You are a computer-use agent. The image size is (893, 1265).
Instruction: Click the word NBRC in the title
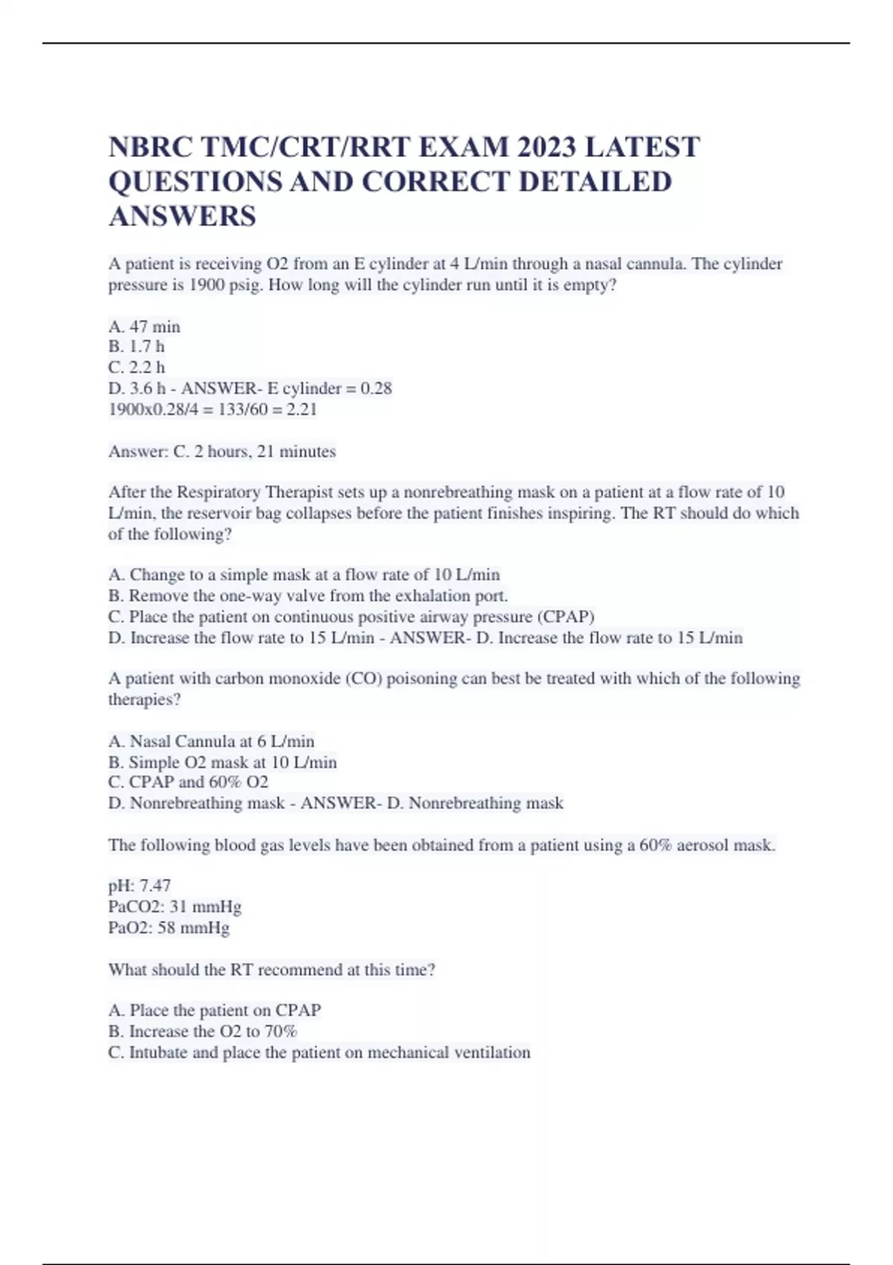[x=150, y=147]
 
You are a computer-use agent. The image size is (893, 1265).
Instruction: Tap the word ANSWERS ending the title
[x=182, y=217]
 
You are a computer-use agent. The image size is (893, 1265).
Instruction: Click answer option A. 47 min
[x=144, y=327]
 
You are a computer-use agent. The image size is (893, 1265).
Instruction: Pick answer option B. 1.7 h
[x=136, y=347]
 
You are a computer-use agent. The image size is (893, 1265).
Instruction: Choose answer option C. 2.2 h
[x=137, y=368]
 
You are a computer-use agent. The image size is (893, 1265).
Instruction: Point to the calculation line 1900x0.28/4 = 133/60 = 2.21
[x=213, y=409]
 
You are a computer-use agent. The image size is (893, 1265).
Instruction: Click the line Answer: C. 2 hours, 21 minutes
[x=222, y=452]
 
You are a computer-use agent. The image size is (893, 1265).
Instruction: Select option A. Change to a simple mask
[x=304, y=574]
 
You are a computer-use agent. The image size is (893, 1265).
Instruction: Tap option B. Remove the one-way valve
[x=308, y=596]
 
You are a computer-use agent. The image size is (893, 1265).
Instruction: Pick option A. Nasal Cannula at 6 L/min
[x=211, y=741]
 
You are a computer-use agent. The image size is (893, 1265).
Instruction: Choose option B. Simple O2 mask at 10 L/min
[x=223, y=762]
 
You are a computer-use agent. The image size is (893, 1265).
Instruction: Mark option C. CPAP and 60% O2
[x=188, y=782]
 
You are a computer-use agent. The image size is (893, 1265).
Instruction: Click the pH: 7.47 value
[x=140, y=885]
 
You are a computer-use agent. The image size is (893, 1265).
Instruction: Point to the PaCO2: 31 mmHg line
[x=175, y=906]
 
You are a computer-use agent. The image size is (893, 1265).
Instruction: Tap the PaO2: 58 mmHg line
[x=169, y=928]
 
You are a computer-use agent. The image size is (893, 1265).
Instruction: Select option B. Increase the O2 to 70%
[x=202, y=1031]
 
